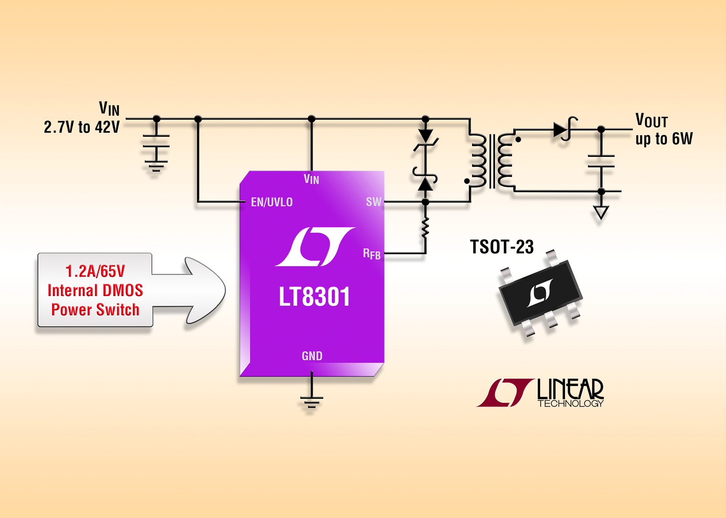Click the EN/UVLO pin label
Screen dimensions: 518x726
(271, 202)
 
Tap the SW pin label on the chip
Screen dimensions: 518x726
(373, 202)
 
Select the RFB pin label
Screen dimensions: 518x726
(371, 254)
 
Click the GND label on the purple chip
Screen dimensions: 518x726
(312, 356)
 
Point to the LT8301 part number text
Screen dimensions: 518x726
(314, 297)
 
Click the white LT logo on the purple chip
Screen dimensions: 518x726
(315, 247)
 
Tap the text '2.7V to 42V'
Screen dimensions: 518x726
(82, 127)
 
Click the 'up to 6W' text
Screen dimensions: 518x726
(664, 139)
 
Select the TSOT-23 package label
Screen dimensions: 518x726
(501, 247)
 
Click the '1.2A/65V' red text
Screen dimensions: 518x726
(95, 271)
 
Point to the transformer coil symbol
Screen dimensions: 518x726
(492, 161)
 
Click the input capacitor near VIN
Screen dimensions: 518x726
(156, 141)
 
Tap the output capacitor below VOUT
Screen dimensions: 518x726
(601, 161)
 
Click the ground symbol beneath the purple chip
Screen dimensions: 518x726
(312, 401)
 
